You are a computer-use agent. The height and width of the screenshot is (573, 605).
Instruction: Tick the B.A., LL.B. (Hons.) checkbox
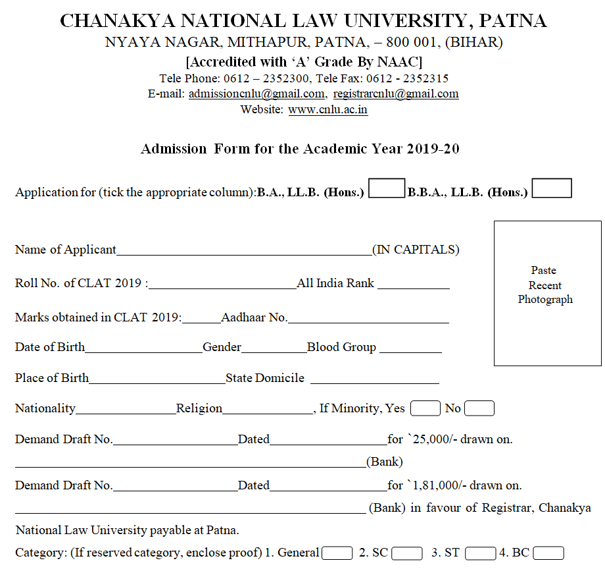(x=387, y=189)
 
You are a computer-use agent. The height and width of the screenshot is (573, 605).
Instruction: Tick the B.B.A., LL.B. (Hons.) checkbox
(x=552, y=188)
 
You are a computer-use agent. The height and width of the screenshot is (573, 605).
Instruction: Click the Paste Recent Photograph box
(x=547, y=293)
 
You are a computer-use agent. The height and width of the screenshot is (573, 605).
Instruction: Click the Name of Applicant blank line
(x=244, y=251)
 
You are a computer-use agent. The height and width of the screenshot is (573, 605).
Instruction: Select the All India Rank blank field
(x=413, y=285)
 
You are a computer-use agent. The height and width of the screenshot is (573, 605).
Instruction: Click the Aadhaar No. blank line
(x=368, y=319)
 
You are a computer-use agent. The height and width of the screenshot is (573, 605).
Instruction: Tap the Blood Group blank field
(x=409, y=349)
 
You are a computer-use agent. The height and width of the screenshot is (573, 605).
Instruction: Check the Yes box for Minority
(x=425, y=408)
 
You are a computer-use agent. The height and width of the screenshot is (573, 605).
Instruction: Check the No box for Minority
(x=479, y=408)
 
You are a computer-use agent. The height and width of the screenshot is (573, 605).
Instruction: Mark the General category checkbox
(x=337, y=553)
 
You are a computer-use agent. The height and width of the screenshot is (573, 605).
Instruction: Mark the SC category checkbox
(x=406, y=553)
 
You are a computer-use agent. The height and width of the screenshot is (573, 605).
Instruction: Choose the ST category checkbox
(x=479, y=553)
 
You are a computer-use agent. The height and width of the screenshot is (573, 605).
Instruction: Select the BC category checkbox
(x=548, y=553)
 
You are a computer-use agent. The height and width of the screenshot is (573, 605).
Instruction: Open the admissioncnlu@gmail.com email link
(x=256, y=94)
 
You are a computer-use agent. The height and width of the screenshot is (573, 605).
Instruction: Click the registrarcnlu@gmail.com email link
(x=396, y=94)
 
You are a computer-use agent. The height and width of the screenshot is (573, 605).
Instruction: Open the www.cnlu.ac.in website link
(x=327, y=109)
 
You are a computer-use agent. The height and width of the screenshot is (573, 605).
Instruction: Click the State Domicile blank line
(x=374, y=380)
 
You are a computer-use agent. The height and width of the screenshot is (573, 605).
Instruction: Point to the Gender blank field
(x=274, y=349)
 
